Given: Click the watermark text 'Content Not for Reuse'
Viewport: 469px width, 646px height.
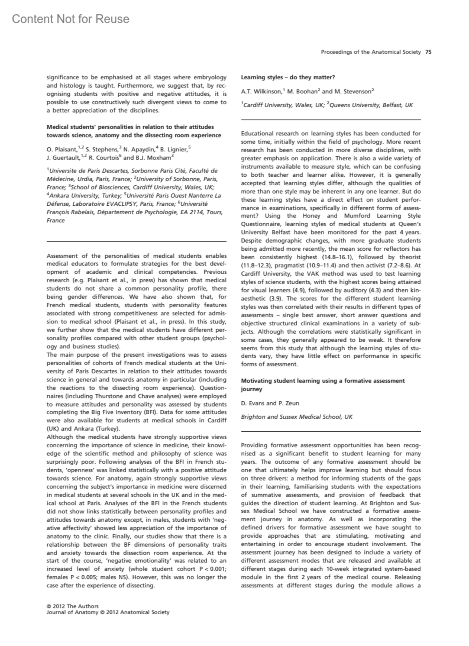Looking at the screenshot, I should (70, 19).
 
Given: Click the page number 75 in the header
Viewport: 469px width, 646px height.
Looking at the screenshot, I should (428, 52).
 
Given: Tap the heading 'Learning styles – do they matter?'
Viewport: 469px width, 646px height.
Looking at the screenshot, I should (288, 77).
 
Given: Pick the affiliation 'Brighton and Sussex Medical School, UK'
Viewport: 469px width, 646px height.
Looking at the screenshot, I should (297, 417).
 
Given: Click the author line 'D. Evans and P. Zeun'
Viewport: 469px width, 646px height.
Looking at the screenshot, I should (270, 403).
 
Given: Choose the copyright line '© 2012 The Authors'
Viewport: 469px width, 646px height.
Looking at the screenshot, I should (72, 606).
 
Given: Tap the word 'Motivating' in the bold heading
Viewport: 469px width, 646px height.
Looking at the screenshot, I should (255, 381).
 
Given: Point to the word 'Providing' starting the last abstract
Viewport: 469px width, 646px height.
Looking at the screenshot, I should (254, 445).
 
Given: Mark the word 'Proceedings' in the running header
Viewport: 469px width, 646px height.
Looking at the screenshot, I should (336, 52).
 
